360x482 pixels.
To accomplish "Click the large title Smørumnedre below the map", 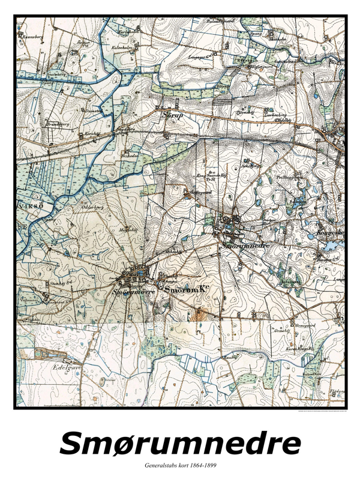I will coord(180,444).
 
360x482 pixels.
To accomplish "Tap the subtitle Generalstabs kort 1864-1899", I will coord(179,466).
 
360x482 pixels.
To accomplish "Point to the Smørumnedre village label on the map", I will coord(247,246).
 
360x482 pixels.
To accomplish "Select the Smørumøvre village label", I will coord(134,292).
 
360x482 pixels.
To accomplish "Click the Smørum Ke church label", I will coord(186,290).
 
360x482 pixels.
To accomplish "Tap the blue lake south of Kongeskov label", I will coord(330,246).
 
